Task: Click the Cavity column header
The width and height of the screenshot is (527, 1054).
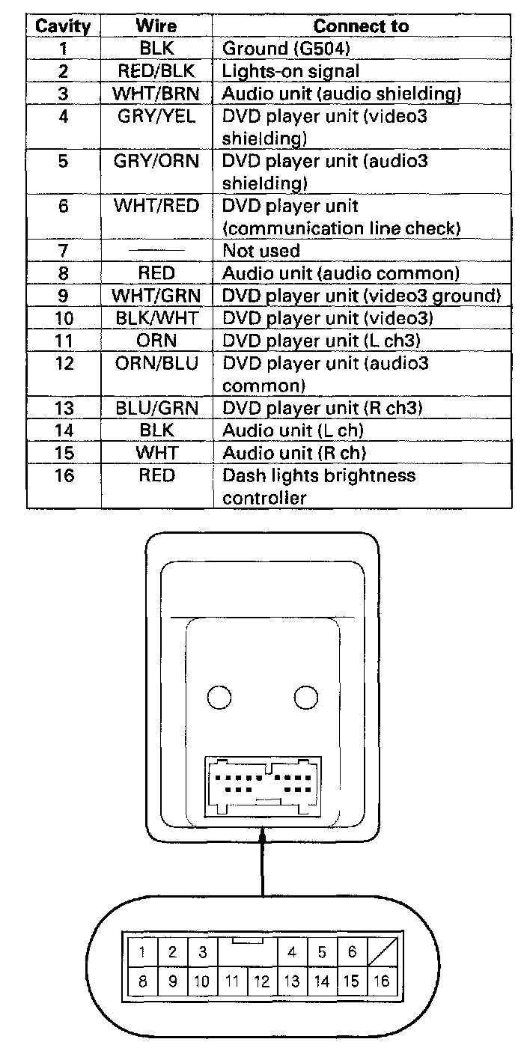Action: (x=64, y=26)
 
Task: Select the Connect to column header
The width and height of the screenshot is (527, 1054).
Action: (x=361, y=26)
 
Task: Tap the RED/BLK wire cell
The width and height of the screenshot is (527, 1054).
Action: (x=156, y=71)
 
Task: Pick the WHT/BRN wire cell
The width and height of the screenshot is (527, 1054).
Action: (x=156, y=94)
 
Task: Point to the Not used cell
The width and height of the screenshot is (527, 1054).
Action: (x=261, y=251)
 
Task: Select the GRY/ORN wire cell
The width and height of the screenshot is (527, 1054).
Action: (x=156, y=161)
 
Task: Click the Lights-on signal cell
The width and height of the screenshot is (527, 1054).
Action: (x=290, y=71)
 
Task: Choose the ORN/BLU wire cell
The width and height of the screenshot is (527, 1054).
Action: (x=156, y=363)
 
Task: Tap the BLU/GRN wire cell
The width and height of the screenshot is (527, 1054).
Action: (x=156, y=408)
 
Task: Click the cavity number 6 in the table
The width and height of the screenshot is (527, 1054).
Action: (x=64, y=206)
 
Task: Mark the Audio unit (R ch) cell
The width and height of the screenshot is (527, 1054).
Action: (x=294, y=453)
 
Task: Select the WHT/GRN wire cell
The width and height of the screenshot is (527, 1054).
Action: (x=156, y=296)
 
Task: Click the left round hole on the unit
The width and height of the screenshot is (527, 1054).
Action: (x=219, y=698)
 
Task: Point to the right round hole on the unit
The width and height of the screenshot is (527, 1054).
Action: (x=306, y=698)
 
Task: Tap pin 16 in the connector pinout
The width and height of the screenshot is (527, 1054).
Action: (x=381, y=981)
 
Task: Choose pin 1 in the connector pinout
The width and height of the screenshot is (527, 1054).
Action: (x=142, y=952)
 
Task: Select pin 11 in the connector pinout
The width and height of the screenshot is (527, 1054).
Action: (x=232, y=981)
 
